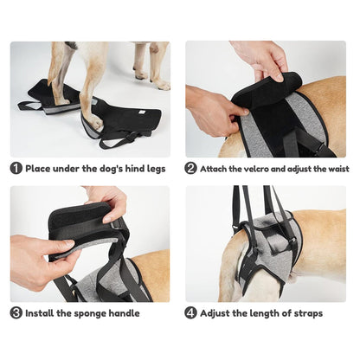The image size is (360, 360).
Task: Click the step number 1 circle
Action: [x=16, y=169]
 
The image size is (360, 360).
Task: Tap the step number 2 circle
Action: [x=191, y=169]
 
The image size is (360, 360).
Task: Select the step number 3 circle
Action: [x=16, y=313]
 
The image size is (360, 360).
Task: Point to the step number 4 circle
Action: [x=191, y=313]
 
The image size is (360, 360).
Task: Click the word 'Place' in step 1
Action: [x=39, y=169]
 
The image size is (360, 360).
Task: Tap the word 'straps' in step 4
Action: [x=307, y=313]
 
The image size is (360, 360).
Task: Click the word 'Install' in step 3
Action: [x=42, y=313]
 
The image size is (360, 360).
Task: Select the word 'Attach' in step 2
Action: [x=216, y=169]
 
